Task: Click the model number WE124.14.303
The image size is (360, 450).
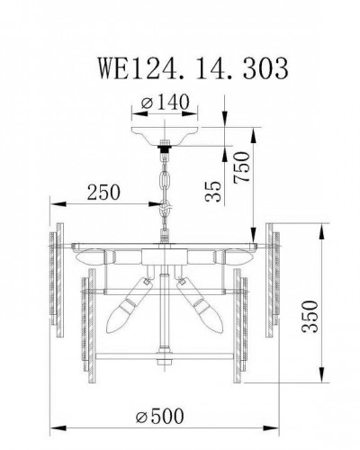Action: click(180, 67)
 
